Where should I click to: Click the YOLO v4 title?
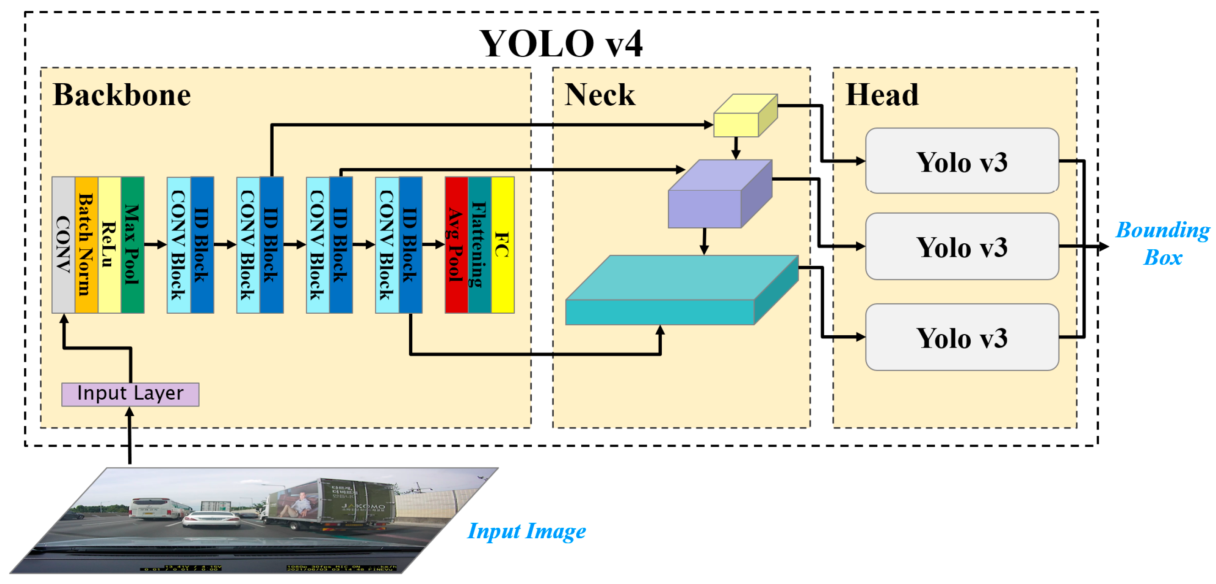click(x=561, y=44)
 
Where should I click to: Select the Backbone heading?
click(x=122, y=95)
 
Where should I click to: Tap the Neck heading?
click(x=600, y=95)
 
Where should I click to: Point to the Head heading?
click(x=882, y=95)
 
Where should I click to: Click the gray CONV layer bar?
click(x=63, y=245)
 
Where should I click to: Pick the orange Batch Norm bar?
click(x=86, y=245)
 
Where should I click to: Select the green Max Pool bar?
click(x=133, y=245)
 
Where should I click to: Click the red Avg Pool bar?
click(x=456, y=245)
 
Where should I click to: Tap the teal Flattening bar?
click(x=479, y=245)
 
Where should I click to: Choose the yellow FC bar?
click(x=503, y=245)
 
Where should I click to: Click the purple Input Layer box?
click(x=130, y=394)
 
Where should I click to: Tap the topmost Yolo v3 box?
click(x=962, y=161)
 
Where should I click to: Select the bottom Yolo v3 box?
click(x=962, y=338)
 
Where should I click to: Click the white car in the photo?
click(x=212, y=519)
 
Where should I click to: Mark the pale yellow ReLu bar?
click(x=109, y=245)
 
